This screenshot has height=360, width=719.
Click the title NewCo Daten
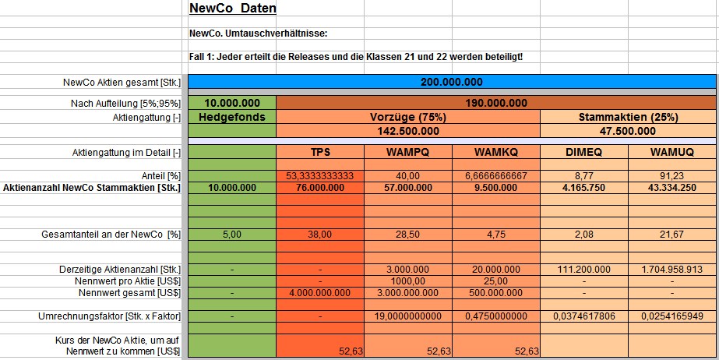click(232, 9)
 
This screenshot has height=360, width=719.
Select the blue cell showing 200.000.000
click(451, 82)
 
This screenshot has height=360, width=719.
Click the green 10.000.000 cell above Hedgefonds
click(231, 103)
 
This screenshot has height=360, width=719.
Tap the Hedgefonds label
click(231, 117)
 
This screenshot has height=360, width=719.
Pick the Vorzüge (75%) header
click(407, 117)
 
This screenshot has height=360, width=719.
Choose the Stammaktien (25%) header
click(627, 117)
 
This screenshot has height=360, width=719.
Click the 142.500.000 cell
click(407, 131)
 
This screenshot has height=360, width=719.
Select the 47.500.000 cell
click(627, 131)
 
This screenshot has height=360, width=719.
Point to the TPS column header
click(320, 152)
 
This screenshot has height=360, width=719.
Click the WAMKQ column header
click(495, 152)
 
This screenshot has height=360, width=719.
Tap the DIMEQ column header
click(583, 152)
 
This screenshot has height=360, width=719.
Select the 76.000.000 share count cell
click(320, 187)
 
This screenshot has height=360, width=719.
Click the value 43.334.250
click(671, 187)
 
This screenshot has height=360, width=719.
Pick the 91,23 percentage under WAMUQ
click(671, 176)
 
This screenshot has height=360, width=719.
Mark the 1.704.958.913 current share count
click(671, 269)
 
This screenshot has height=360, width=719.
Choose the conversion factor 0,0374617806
click(583, 316)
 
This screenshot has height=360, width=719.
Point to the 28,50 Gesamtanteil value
click(407, 234)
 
